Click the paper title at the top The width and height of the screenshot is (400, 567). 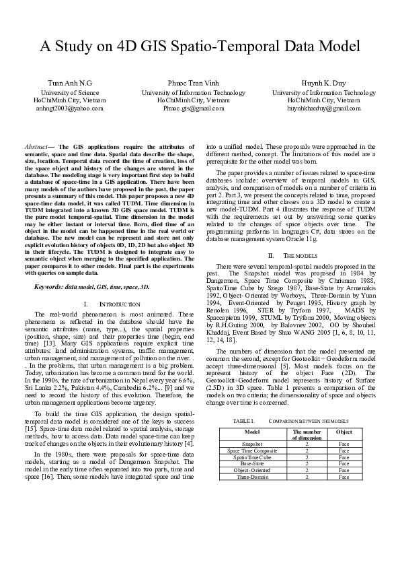coord(200,46)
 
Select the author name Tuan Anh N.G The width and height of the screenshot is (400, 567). coord(69,83)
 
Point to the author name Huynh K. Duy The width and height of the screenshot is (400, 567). coord(323,83)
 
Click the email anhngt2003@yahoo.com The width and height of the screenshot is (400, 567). coord(69,108)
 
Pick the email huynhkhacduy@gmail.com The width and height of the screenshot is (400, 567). coord(323,108)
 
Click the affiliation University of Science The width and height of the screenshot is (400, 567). coord(69,92)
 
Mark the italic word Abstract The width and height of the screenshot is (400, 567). coord(36,146)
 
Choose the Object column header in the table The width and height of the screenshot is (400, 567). coord(344,431)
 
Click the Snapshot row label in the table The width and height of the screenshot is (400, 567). coord(252,444)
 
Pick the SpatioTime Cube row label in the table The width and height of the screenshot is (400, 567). coord(252,457)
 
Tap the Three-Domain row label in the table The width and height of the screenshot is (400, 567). coord(252,477)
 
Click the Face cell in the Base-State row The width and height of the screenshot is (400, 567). coord(344,463)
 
